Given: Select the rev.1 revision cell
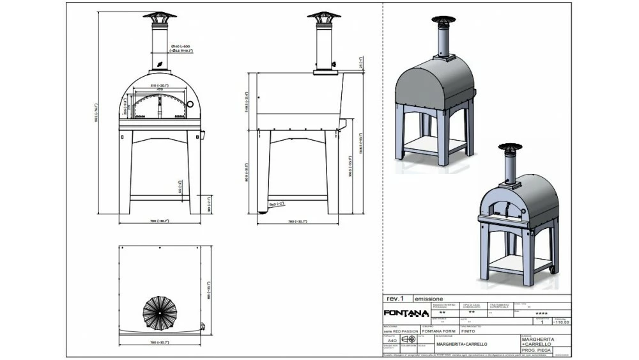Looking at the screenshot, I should click(x=396, y=299).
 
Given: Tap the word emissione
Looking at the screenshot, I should click(x=429, y=299).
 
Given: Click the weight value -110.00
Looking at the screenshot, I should click(x=560, y=323).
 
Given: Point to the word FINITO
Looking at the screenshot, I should click(x=468, y=331).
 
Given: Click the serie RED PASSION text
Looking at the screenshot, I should click(x=401, y=331).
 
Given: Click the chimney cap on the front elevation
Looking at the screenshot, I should click(x=158, y=16).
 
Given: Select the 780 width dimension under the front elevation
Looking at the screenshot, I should click(x=160, y=221).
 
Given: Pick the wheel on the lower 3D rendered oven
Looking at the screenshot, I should click(x=553, y=273).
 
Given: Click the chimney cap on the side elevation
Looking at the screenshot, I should click(x=324, y=16).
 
